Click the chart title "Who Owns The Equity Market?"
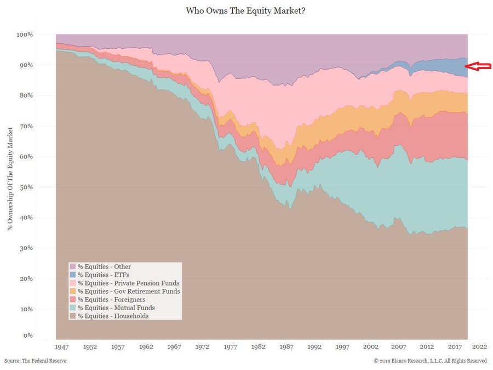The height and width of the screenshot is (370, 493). coord(246,10)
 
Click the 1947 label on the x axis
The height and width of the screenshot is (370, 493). coord(62,347)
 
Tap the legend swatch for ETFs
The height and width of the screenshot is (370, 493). coord(73,275)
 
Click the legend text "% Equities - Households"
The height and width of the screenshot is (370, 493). coord(113,316)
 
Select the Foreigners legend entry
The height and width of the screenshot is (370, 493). coord(111,299)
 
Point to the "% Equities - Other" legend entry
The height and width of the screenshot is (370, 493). coord(104,267)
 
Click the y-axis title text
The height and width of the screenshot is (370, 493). coord(10,178)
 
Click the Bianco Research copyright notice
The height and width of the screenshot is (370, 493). coord(431,361)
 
